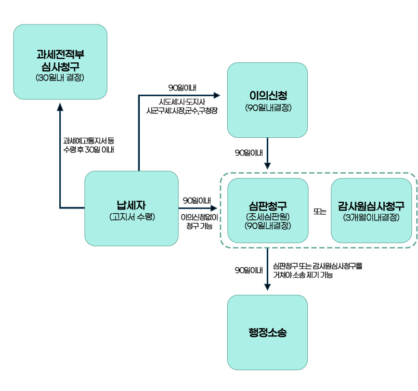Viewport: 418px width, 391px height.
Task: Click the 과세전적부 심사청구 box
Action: click(x=60, y=61)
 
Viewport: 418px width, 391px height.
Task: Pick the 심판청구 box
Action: click(x=268, y=210)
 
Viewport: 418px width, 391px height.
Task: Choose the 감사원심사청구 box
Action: click(x=371, y=210)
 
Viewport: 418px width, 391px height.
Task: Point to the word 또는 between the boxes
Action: click(x=320, y=212)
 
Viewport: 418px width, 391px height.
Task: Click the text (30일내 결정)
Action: click(x=60, y=79)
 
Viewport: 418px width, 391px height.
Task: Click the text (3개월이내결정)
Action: click(x=371, y=217)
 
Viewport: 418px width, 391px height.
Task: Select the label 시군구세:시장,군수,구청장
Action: click(x=182, y=111)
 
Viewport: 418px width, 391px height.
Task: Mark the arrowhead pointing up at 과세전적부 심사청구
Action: click(x=60, y=106)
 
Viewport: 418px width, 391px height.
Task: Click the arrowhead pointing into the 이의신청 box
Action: click(x=217, y=95)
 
